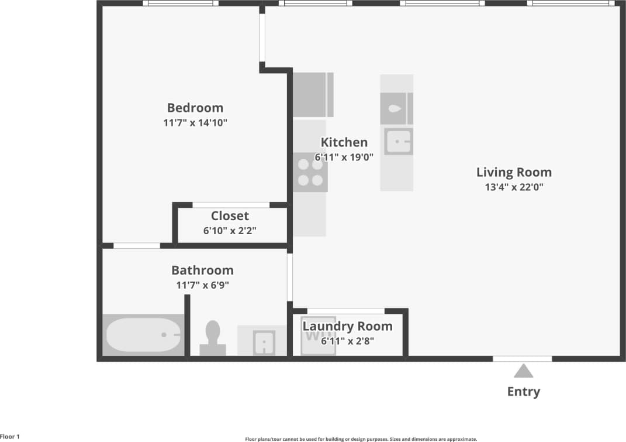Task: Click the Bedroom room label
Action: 195,108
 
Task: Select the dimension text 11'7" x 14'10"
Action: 195,123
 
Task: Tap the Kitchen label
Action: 344,142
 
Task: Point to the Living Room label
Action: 514,172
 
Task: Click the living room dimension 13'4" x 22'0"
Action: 514,187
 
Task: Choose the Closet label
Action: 230,216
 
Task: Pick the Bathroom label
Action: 202,270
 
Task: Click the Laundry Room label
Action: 347,326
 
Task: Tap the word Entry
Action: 523,392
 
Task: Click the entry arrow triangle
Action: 523,371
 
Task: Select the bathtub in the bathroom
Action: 144,335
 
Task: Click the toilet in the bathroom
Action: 213,338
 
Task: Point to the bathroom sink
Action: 265,342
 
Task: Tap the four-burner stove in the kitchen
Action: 310,172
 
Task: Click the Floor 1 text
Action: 10,437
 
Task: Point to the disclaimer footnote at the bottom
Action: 361,438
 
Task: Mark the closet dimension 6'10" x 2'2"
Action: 230,231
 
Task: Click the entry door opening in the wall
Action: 522,358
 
